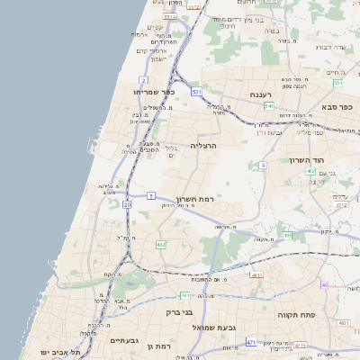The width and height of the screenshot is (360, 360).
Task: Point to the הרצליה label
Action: pos(204,145)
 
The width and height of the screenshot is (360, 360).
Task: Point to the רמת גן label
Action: pos(162,346)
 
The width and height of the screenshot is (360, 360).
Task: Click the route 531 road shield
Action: pos(196,92)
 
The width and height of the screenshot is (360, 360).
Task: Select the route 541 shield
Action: pos(268,106)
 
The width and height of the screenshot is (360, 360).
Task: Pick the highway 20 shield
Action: pos(127,205)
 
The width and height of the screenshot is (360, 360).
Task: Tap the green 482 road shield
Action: pos(160,244)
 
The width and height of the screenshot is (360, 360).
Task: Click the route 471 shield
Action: pos(251,342)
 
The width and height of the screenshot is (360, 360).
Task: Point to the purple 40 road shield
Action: pos(324,284)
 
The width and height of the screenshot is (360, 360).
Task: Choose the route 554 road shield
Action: pos(337,84)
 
